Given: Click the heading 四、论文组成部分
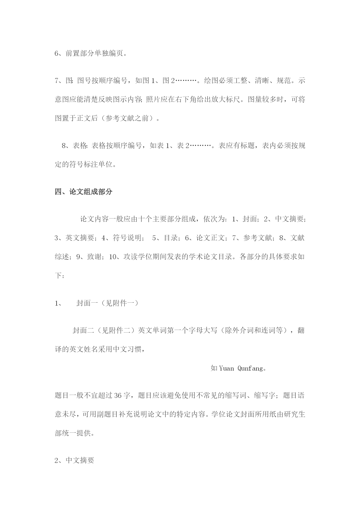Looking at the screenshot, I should point(84,192).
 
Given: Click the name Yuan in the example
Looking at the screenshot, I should point(226,369).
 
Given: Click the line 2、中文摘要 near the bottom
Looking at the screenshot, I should point(74,460).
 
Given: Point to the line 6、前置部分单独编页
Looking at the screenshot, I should point(91,53).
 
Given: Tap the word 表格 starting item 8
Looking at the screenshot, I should point(79,146).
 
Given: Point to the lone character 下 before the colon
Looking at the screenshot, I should point(58,275).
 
